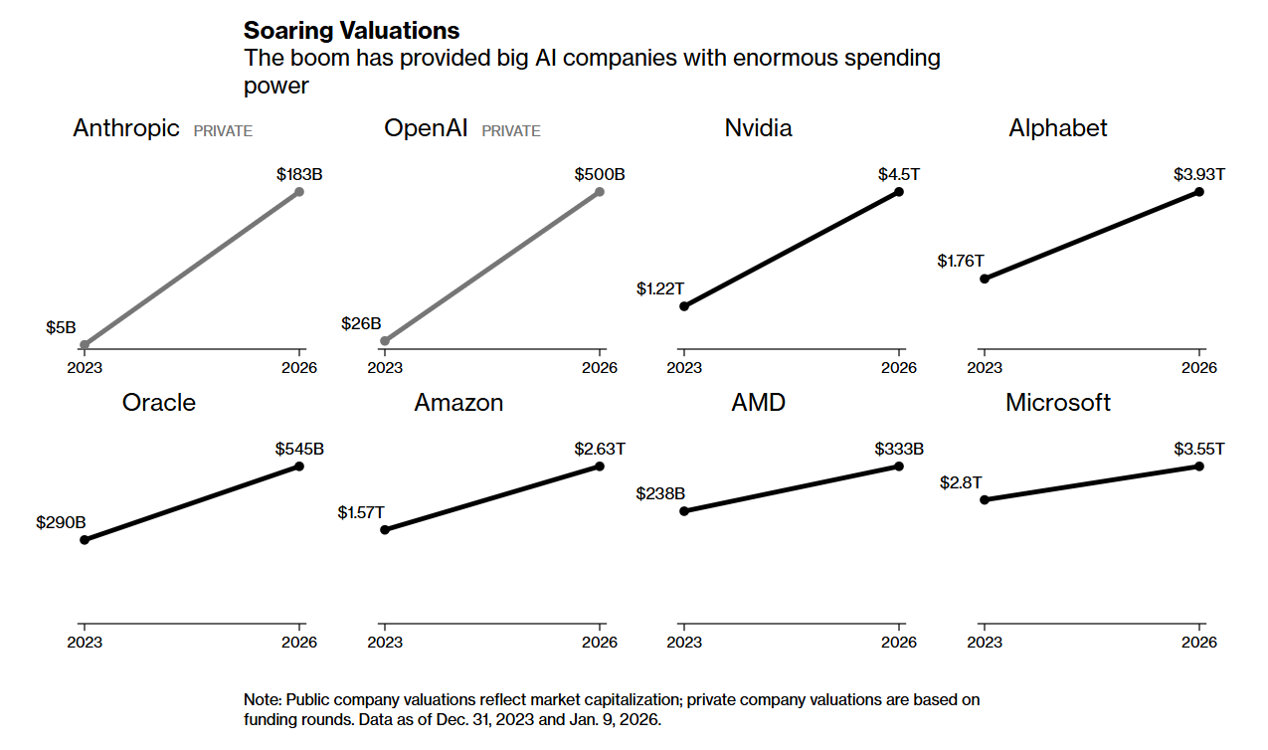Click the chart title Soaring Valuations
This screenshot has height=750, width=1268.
352,30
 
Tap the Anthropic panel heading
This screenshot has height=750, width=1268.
126,128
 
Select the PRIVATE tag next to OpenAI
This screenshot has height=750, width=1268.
511,131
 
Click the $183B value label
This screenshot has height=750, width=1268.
299,174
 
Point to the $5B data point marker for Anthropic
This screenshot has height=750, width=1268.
85,345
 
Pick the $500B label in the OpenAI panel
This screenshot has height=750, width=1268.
600,174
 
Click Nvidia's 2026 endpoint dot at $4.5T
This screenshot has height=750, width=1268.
899,191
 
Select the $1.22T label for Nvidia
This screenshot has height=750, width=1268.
660,288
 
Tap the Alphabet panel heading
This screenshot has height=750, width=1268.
1058,128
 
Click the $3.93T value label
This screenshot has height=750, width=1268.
1198,174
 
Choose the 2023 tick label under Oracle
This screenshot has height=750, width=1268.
85,643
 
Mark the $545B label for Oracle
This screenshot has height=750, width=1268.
299,449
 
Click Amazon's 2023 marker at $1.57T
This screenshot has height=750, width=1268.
385,529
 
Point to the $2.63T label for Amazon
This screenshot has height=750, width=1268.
600,449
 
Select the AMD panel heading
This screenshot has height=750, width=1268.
758,403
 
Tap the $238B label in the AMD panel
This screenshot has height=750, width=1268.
661,493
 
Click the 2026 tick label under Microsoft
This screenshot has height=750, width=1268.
1199,643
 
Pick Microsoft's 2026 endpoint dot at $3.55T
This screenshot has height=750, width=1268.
1199,466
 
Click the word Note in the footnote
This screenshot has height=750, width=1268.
263,700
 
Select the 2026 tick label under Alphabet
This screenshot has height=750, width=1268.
1199,367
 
